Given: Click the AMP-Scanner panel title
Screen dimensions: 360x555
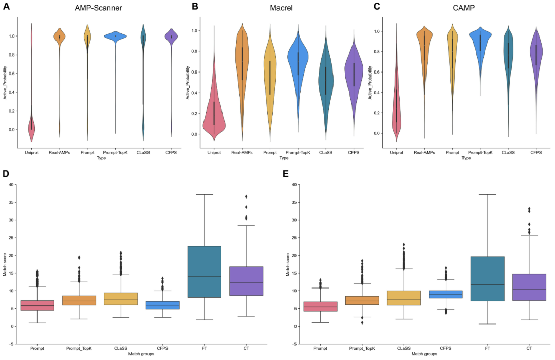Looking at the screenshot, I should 96,8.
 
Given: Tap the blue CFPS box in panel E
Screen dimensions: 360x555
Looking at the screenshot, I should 446,294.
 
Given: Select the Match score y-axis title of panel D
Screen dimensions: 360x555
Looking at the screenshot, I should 5,264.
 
